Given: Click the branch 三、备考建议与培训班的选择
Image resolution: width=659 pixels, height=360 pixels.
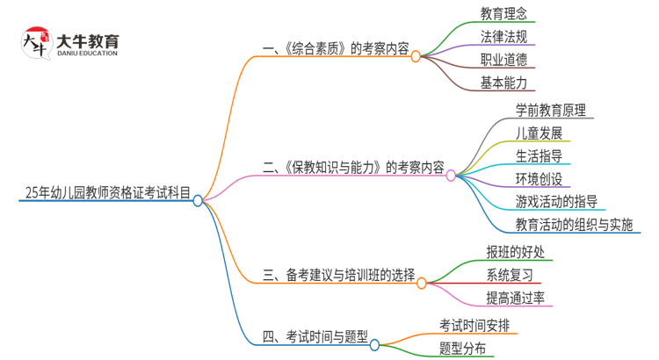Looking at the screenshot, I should coord(338,275).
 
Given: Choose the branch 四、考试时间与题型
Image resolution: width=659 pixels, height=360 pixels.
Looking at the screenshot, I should coord(315,337).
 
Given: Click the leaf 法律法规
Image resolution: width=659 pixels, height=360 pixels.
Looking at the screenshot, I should coord(504,37).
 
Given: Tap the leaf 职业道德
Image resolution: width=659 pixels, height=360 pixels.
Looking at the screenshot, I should coord(504,60).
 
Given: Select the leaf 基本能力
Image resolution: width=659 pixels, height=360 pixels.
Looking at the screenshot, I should coord(504,83).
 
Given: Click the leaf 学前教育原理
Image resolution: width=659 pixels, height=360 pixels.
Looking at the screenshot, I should coord(555,111).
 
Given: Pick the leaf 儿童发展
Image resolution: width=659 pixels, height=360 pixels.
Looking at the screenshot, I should coord(539,133).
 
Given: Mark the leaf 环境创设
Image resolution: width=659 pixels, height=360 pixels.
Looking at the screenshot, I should coord(539,179).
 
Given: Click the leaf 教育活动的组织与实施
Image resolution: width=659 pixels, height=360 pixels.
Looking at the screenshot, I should coord(574,224).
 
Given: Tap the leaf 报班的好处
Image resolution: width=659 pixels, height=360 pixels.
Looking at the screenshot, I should coord(515,252).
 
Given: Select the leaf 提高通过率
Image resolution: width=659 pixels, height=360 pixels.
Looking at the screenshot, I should coord(515,298).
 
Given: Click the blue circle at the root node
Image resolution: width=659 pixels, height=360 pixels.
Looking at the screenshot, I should coord(198,200).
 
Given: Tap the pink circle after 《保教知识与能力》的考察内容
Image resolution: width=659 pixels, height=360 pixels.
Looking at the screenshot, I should coord(451,176).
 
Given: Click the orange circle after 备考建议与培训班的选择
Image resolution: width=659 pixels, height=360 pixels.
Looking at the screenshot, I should coord(421,283).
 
